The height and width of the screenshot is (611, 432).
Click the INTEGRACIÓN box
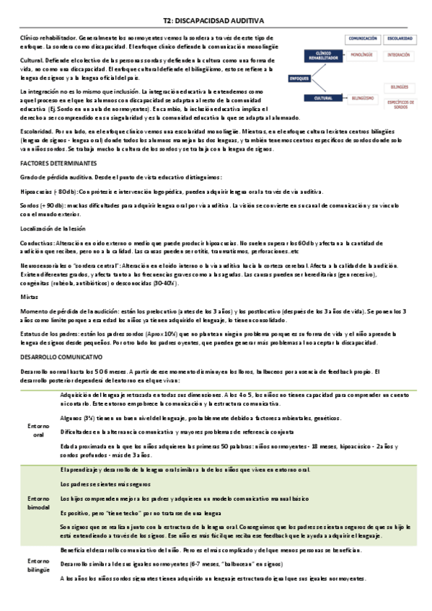398,54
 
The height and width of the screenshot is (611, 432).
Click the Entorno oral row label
38,431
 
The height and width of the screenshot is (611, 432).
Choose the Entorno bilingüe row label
38,564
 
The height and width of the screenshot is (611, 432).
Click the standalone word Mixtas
29,296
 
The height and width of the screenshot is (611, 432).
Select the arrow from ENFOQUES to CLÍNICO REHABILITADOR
306,66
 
